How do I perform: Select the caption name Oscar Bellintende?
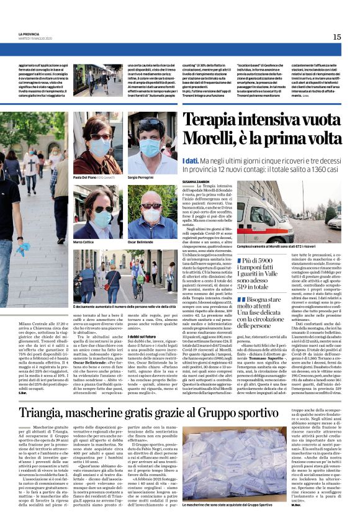(144, 242)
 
